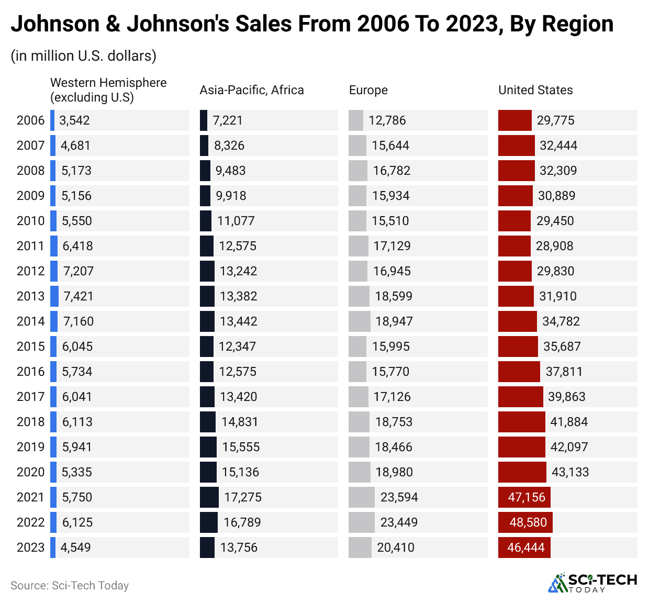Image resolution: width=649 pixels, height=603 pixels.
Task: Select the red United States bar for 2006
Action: click(x=514, y=120)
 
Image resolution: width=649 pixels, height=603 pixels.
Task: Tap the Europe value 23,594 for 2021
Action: click(x=399, y=497)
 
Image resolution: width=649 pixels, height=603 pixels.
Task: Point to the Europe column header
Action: click(x=368, y=90)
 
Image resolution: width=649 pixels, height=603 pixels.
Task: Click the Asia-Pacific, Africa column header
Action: click(x=251, y=90)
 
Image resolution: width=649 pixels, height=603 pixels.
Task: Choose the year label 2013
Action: click(x=30, y=296)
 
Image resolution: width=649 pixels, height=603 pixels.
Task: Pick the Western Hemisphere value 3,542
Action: click(x=74, y=120)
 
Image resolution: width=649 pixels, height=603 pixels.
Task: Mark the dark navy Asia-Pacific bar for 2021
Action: click(x=209, y=497)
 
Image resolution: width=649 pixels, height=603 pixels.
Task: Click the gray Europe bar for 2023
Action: click(x=360, y=548)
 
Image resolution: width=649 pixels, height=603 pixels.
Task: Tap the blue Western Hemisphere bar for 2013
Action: click(x=54, y=296)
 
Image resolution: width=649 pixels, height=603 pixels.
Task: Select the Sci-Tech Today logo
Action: click(x=592, y=583)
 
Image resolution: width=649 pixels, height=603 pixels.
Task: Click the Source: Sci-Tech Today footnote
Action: click(x=70, y=586)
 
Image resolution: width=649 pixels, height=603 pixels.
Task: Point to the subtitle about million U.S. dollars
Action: click(x=83, y=55)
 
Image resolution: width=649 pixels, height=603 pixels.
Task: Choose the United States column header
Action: click(x=535, y=90)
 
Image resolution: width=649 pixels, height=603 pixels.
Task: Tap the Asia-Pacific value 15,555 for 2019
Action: click(x=241, y=447)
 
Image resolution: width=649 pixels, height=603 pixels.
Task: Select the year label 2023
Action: click(x=30, y=548)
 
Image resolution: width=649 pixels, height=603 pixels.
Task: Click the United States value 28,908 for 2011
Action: click(x=554, y=246)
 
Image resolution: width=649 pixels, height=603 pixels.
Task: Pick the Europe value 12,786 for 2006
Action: click(x=387, y=120)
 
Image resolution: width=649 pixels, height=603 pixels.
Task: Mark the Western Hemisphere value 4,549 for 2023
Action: click(x=75, y=548)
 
